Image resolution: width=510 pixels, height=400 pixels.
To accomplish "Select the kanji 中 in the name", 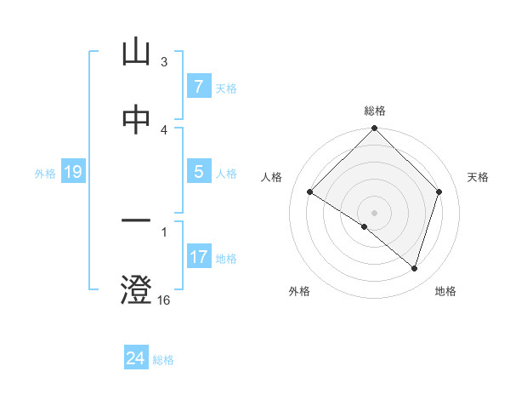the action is (x=136, y=120).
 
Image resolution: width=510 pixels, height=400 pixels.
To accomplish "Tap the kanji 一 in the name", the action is (x=136, y=221).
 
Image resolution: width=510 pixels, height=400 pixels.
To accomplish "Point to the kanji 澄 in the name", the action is (x=136, y=289).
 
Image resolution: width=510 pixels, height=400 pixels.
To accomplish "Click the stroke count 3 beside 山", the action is (x=164, y=62).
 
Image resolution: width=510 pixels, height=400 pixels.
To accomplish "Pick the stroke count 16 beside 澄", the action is (x=164, y=300).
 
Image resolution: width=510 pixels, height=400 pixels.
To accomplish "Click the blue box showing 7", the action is (x=198, y=87).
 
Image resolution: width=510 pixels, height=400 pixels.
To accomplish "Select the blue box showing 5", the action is (x=198, y=172).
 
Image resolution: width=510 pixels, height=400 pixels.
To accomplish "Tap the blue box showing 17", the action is (x=198, y=257).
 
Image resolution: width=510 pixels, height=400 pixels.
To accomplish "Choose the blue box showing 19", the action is (x=72, y=172).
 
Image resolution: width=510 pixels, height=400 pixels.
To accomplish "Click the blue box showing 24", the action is (x=135, y=358).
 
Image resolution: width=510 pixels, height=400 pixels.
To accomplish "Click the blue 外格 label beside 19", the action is (x=45, y=174).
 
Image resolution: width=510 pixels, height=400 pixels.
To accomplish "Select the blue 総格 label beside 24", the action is (x=163, y=360).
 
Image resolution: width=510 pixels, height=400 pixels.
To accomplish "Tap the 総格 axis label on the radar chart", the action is (x=375, y=111).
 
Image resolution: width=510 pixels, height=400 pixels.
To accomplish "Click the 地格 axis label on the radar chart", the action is (x=445, y=291).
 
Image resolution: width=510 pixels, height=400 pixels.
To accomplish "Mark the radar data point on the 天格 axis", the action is (x=439, y=192).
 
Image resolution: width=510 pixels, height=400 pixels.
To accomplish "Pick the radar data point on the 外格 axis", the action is (x=365, y=227).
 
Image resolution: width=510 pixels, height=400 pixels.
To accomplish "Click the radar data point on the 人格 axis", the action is (x=310, y=192).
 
